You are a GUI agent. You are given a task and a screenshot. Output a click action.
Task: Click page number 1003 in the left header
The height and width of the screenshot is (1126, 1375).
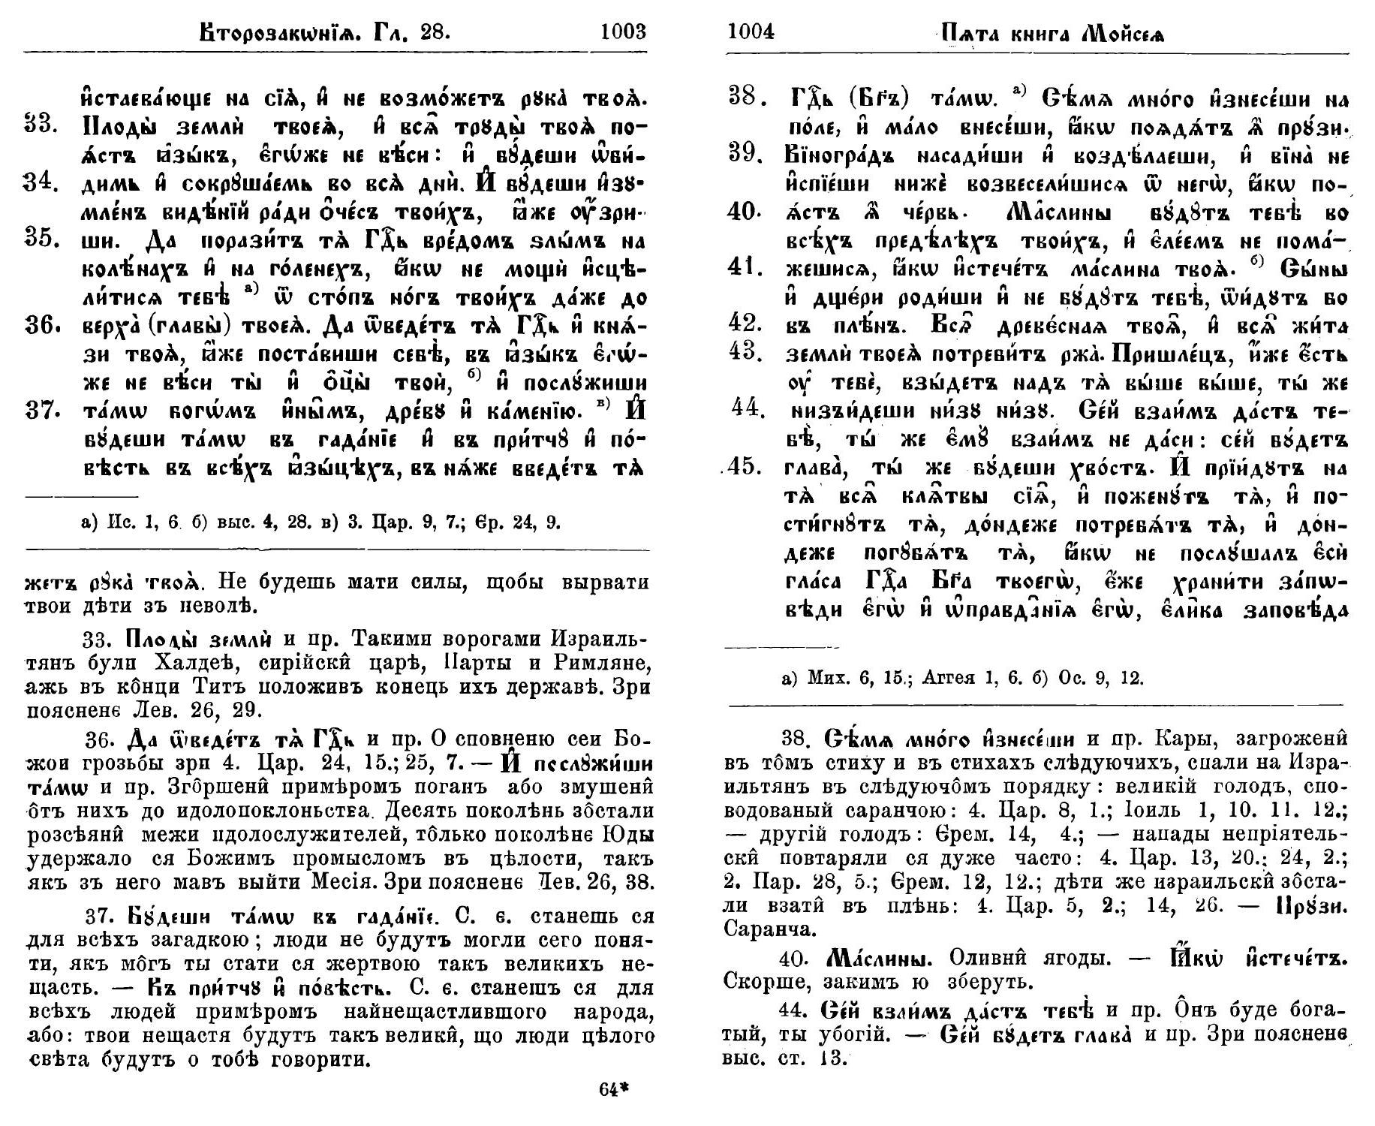623,32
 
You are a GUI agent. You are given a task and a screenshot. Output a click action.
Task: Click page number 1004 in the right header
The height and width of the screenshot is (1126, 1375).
752,32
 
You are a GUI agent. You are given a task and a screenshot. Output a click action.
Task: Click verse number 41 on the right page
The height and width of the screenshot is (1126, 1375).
746,268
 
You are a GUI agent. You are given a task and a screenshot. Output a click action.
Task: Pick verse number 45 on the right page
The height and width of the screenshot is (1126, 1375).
745,466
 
